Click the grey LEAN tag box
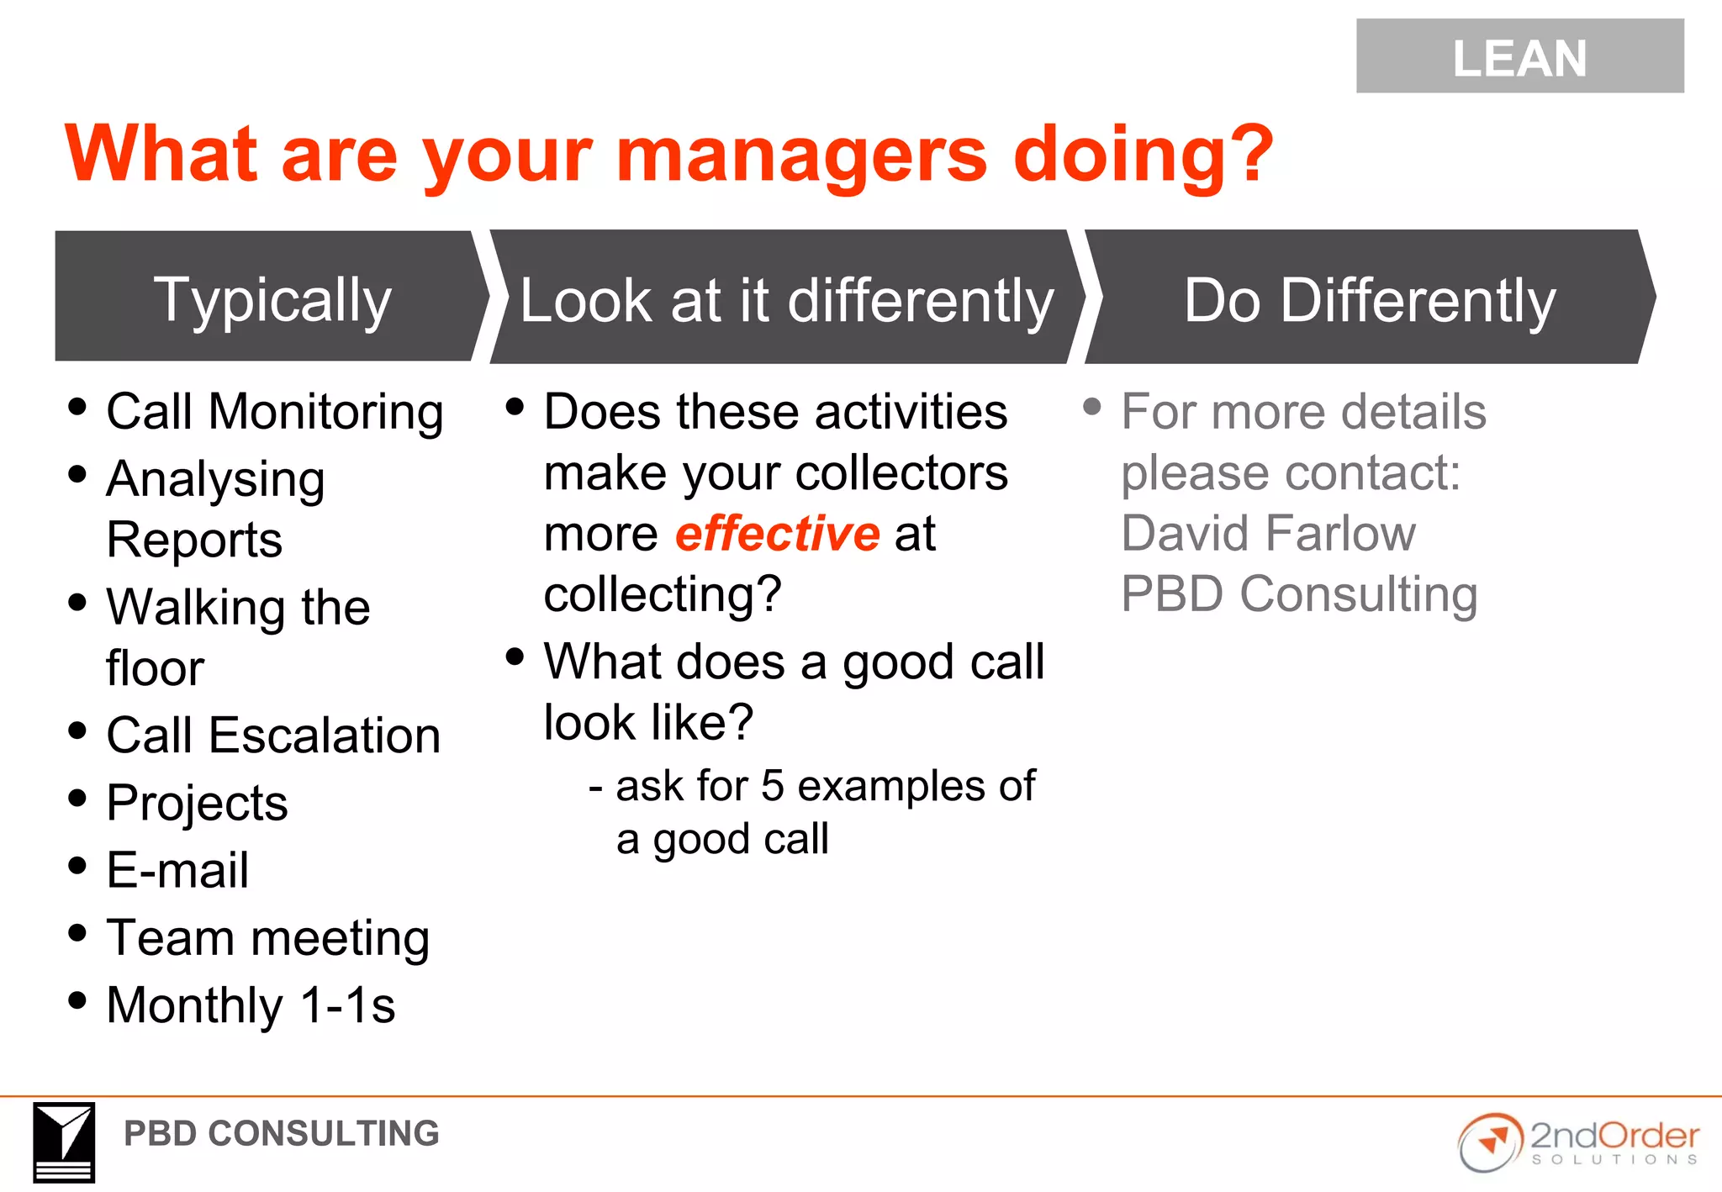coord(1519,56)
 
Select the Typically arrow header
coord(271,298)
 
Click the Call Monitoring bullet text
coord(274,413)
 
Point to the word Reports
coord(194,540)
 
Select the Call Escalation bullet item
coord(272,736)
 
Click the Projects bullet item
coord(197,803)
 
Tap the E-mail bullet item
coord(177,870)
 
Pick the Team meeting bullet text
coord(267,938)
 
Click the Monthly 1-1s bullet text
coord(251,1005)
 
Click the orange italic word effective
coord(777,534)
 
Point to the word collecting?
coord(662,594)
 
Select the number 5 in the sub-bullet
coord(772,786)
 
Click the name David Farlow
coord(1268,534)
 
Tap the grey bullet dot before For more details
coord(1091,408)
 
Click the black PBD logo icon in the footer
coord(64,1142)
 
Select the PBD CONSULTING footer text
coord(281,1134)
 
